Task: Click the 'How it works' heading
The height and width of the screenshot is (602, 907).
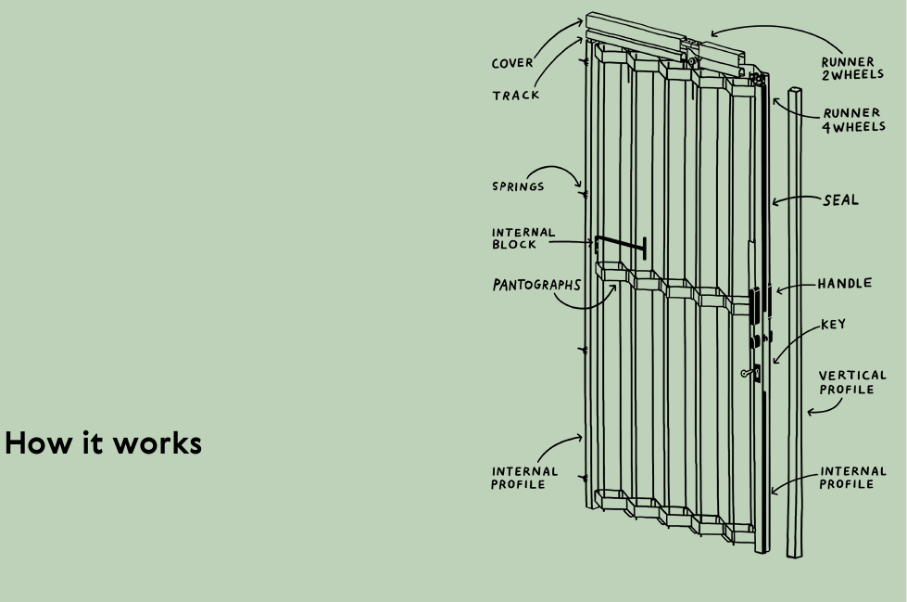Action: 103,443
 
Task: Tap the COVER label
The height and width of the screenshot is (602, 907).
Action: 512,62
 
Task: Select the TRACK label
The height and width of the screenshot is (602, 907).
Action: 515,95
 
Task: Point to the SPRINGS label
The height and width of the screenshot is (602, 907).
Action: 518,186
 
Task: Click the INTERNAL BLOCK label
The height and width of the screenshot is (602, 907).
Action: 523,238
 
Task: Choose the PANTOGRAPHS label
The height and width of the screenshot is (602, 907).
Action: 536,285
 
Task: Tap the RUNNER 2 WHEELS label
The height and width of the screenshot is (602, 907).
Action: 852,68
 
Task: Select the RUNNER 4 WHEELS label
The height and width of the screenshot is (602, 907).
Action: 853,120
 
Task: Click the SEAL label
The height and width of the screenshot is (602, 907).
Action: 840,200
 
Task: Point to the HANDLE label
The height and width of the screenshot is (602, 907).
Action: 845,283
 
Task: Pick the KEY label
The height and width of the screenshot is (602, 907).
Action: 833,324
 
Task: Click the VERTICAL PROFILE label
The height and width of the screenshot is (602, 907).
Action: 852,382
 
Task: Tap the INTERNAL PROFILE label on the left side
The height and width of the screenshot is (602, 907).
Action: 524,478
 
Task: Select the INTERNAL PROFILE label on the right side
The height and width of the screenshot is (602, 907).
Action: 852,478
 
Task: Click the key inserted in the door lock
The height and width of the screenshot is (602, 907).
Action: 750,373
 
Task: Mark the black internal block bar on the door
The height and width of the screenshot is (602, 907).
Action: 620,245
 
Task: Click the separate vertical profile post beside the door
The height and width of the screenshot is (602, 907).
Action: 795,322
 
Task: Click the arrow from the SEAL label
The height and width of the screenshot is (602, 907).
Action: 796,199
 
